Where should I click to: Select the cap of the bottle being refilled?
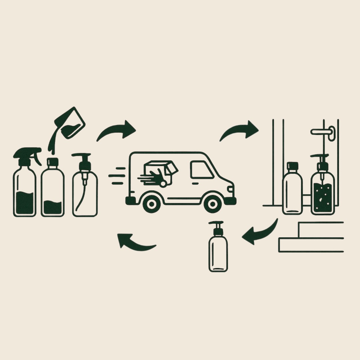coord(52,162)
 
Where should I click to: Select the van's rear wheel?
coord(151,203)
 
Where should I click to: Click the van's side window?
coord(201,170)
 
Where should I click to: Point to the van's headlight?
coord(230,189)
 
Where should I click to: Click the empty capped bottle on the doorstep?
coord(292,190)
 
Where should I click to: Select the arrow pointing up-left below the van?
coord(135,243)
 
